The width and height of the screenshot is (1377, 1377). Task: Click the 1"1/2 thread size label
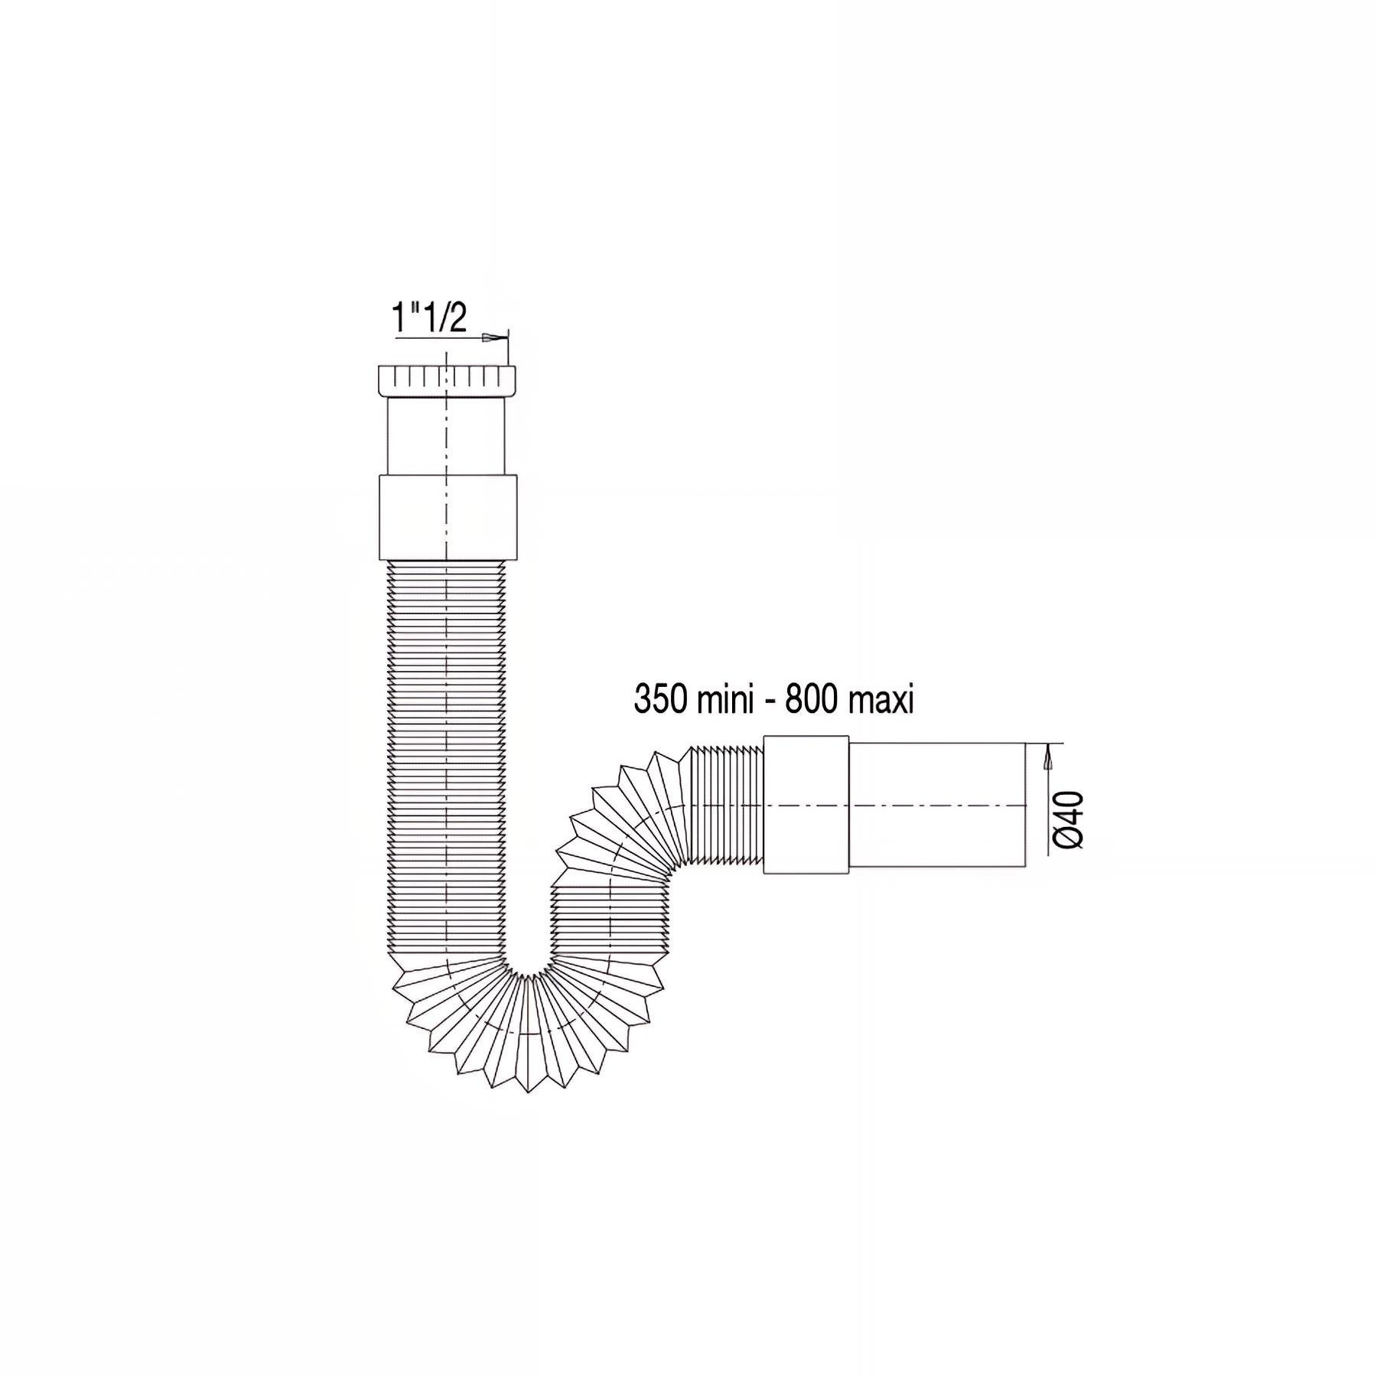pos(429,317)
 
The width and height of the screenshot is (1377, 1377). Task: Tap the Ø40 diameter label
pos(1069,819)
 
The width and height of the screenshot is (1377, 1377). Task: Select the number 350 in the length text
pos(659,700)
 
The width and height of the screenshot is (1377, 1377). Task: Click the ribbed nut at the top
pos(447,378)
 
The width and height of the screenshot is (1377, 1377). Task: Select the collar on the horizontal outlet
pos(806,804)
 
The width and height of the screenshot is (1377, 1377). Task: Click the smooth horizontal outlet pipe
pos(937,804)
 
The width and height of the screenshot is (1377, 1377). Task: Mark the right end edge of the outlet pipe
pos(1024,804)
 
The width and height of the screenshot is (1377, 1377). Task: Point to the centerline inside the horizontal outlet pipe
pos(937,805)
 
